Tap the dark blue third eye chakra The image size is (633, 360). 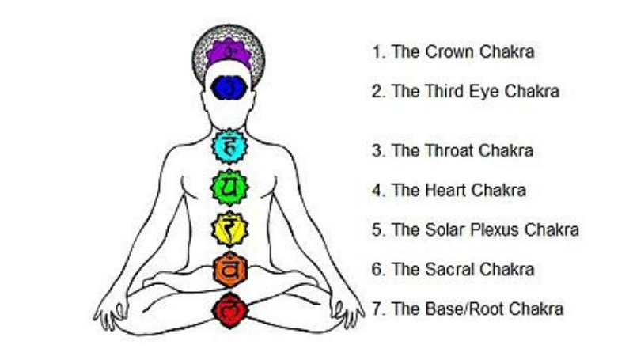(x=230, y=85)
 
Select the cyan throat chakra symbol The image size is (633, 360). (x=229, y=146)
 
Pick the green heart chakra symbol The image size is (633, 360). (x=229, y=188)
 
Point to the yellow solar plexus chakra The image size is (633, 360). (x=229, y=229)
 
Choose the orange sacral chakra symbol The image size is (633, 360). (x=229, y=269)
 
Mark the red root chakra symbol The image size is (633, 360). (x=229, y=306)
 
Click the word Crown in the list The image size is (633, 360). (x=447, y=53)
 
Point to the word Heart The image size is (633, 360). (x=445, y=190)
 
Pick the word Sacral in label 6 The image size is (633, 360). (x=448, y=269)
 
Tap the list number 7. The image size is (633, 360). (x=377, y=309)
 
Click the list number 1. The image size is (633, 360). (x=377, y=53)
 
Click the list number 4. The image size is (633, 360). (x=377, y=190)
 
